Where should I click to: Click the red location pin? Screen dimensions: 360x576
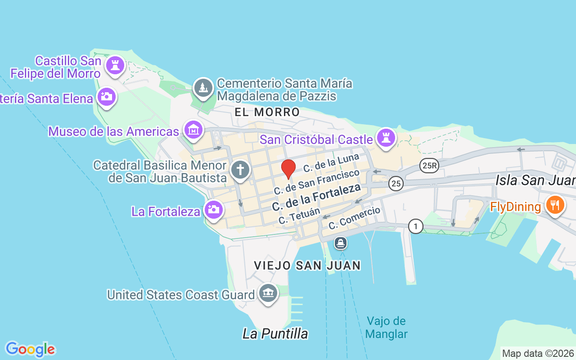click(288, 169)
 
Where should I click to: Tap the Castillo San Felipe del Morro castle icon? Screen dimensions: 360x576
click(115, 66)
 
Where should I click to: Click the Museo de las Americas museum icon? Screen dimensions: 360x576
click(193, 130)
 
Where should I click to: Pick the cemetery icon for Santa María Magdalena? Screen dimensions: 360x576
click(203, 87)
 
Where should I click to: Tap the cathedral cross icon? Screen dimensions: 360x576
click(240, 170)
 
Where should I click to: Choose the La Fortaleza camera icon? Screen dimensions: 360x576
click(214, 210)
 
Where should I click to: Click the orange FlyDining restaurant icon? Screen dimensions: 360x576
click(555, 205)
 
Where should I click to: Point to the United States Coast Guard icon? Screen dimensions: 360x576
click(268, 293)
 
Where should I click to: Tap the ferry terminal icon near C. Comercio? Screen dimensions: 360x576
click(341, 243)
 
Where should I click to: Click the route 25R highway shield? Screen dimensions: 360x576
click(429, 166)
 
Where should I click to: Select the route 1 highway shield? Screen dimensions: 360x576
click(416, 226)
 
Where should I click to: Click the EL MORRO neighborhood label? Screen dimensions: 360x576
click(267, 112)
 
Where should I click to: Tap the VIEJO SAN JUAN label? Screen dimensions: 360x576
click(307, 265)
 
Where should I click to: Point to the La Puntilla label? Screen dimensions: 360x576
click(275, 333)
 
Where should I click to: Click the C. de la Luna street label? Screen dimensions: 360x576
click(331, 163)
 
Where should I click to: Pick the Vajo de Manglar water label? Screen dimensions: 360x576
click(387, 328)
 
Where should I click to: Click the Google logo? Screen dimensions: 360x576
click(30, 349)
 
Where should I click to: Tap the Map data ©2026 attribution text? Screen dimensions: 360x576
click(538, 353)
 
